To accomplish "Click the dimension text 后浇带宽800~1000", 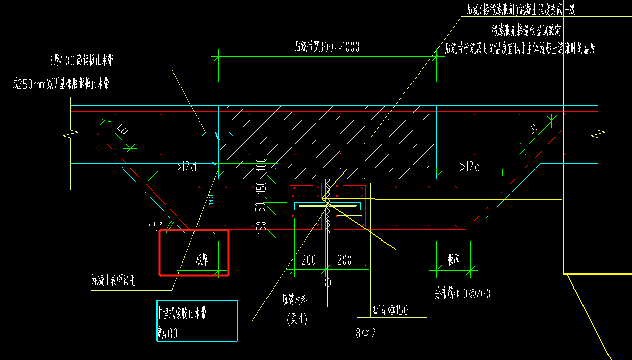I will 327,47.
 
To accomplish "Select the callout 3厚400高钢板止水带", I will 81,61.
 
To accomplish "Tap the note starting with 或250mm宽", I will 61,83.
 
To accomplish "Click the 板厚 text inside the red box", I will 202,260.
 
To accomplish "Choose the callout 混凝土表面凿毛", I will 113,280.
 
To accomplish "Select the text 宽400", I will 167,333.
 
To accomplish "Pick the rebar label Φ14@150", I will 390,310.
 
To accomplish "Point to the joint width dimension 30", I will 327,283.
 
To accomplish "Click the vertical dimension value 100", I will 261,164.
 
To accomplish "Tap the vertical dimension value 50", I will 261,207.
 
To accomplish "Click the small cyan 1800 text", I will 210,199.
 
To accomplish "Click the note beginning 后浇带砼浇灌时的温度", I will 521,49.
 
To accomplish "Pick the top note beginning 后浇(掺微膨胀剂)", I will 521,9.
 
